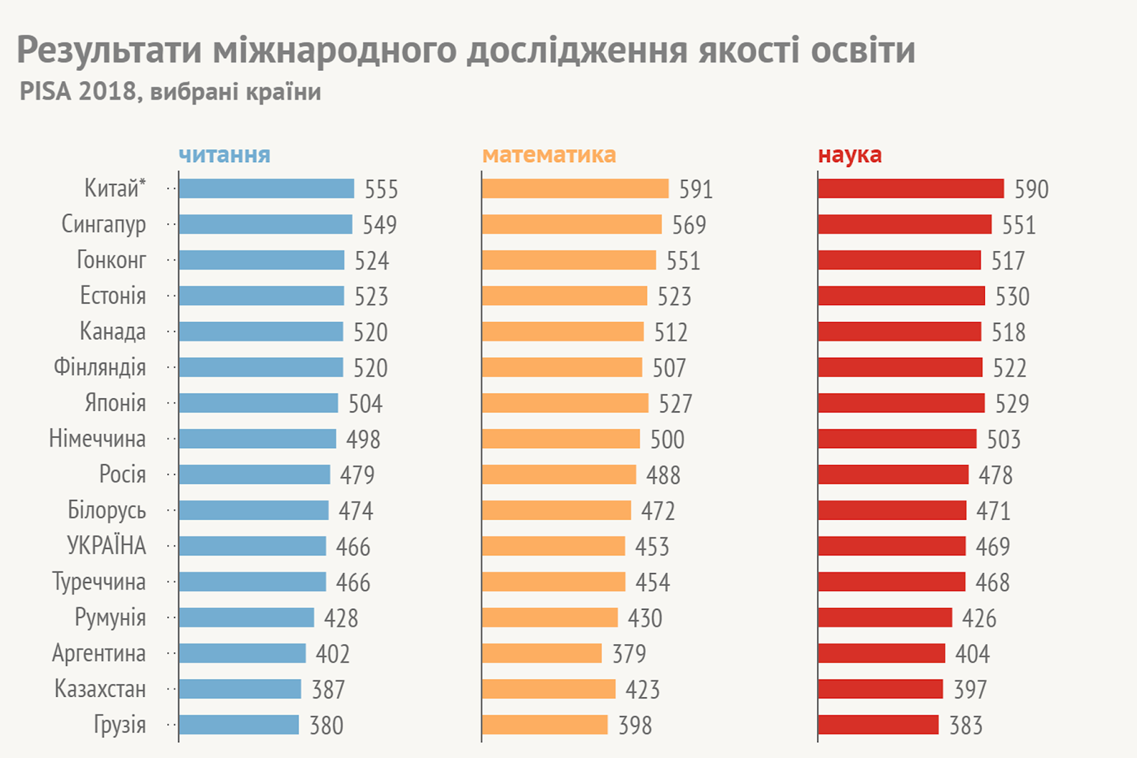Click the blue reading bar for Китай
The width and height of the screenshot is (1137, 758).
(266, 188)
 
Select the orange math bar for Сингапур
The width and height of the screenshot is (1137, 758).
(571, 225)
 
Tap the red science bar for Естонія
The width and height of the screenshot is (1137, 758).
(901, 296)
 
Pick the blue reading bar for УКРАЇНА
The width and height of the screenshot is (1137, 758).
(252, 546)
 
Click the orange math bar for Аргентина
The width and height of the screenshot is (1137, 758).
(541, 653)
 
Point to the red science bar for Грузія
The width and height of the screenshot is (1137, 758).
(878, 725)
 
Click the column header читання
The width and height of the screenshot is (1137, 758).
(225, 155)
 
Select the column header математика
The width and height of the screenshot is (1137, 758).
(549, 155)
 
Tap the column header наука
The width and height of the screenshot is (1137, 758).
(849, 155)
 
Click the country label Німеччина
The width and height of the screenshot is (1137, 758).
(97, 439)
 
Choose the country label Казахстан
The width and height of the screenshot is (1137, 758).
(100, 689)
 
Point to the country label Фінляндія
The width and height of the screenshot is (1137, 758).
(99, 368)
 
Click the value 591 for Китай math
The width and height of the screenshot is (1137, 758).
(696, 189)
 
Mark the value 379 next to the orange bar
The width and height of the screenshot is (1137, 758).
(629, 653)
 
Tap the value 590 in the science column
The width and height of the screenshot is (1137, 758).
(1031, 189)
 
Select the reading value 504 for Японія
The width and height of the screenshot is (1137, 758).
(365, 404)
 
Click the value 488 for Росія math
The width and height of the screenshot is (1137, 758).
(663, 475)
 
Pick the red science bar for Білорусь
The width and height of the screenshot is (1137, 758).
(892, 511)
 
